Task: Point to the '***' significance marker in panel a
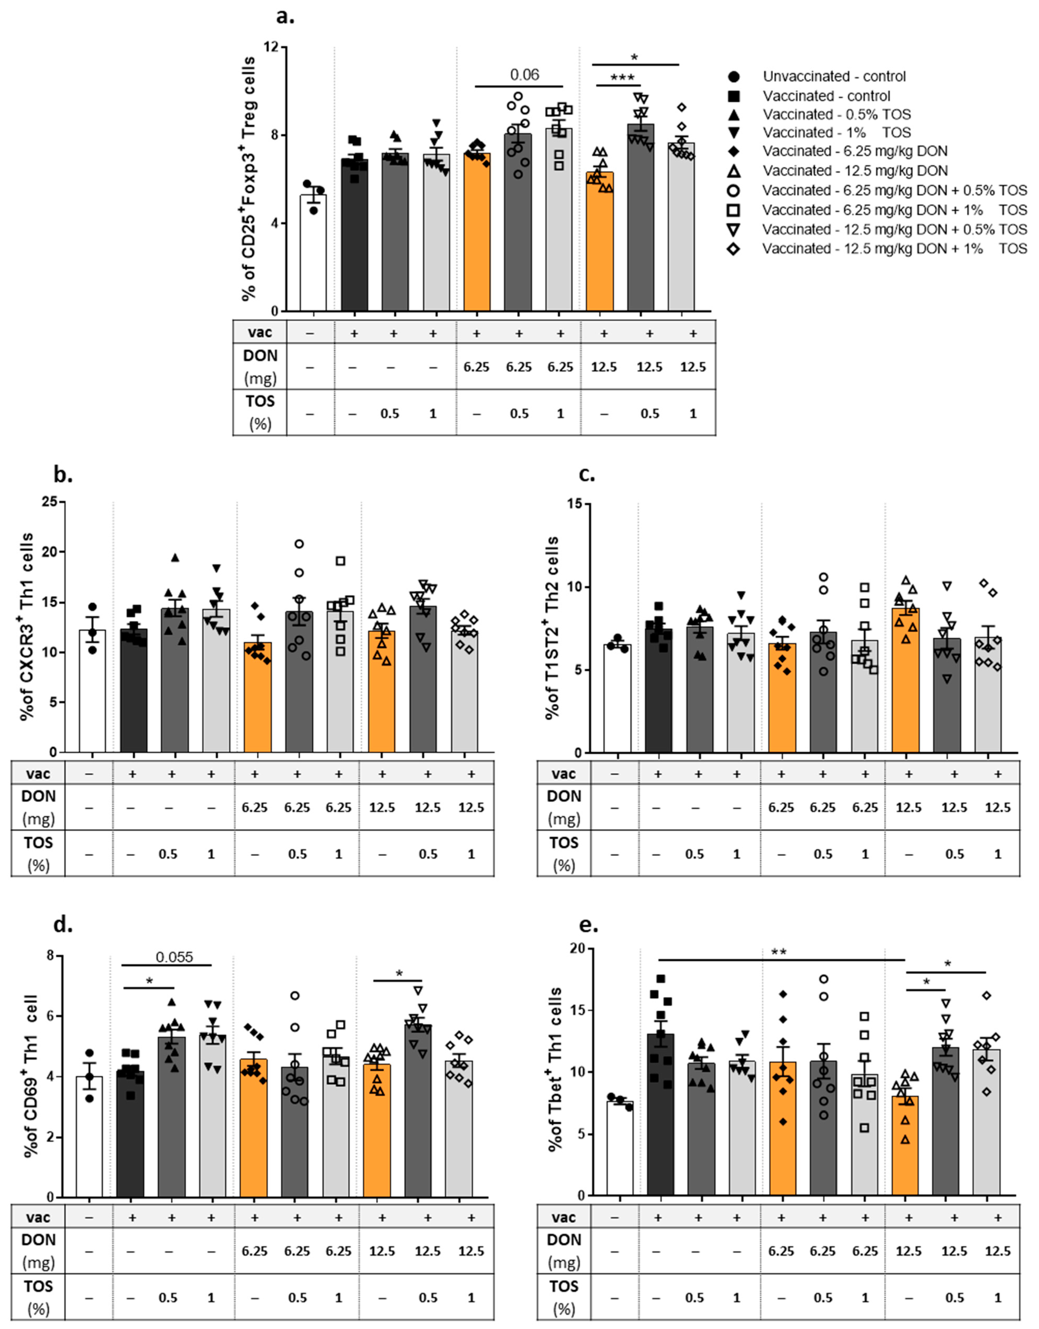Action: click(622, 78)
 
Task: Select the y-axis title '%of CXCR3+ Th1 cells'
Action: click(27, 627)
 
